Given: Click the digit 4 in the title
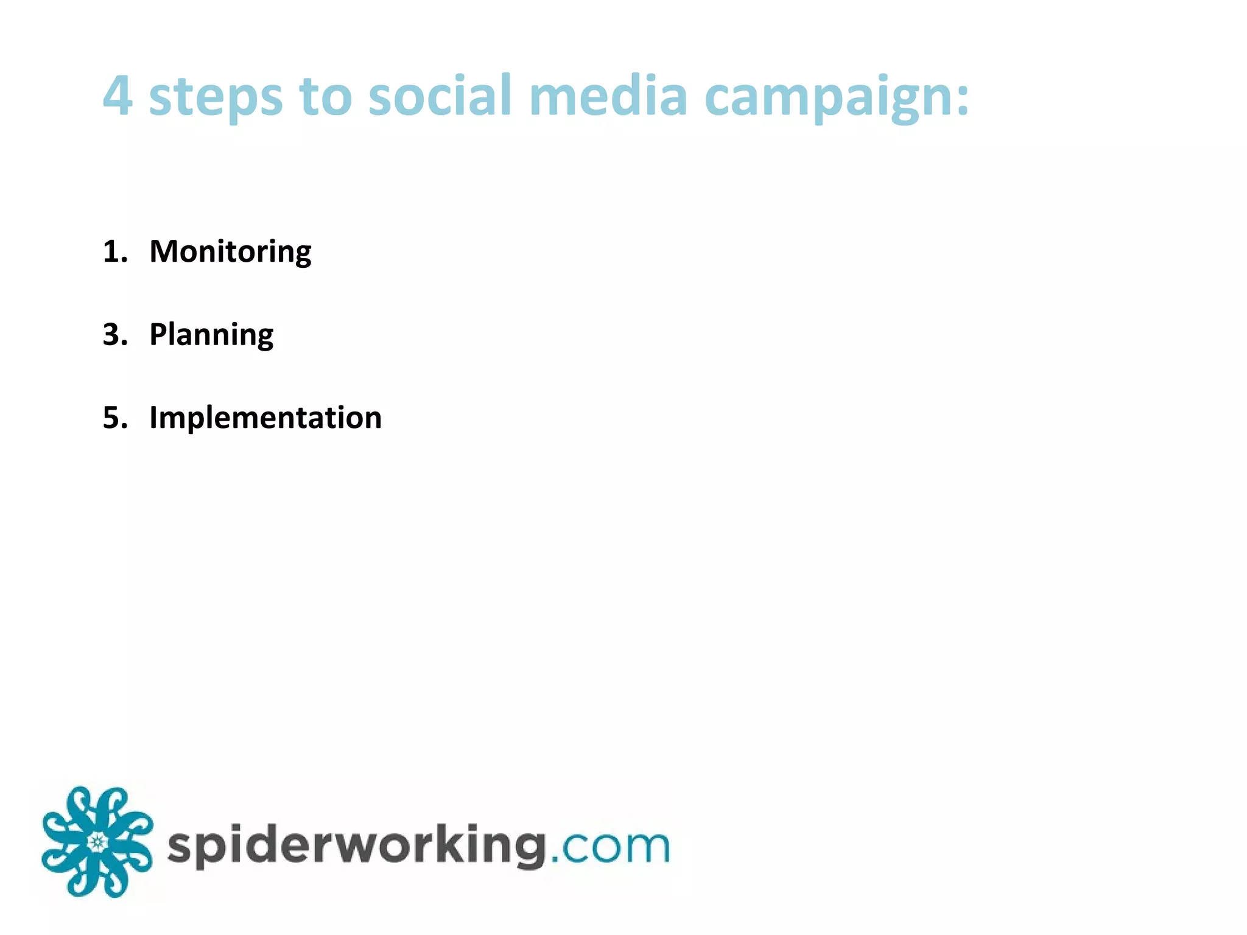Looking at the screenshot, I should tap(118, 96).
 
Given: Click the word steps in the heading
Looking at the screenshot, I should tap(216, 97).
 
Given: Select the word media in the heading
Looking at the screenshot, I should tap(608, 96).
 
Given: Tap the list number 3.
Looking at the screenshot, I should tap(113, 334).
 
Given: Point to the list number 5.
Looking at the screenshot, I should tap(113, 418).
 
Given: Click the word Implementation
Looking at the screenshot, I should tap(265, 418).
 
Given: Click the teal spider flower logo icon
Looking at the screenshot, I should tap(97, 842).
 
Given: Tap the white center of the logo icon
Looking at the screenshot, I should tap(97, 842).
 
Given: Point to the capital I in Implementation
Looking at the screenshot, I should tap(153, 418).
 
